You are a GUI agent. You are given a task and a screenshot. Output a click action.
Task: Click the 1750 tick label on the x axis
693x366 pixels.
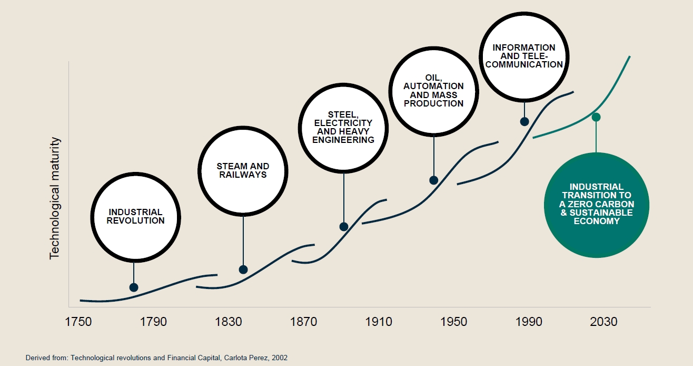coord(78,322)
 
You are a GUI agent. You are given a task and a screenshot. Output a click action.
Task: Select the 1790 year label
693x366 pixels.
coord(153,322)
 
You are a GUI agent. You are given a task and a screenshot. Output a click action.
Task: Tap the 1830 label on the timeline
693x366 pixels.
coord(228,322)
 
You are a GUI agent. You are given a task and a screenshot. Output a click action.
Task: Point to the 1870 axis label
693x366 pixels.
coord(303,322)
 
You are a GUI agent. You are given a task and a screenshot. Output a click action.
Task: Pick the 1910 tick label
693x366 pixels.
coord(379,322)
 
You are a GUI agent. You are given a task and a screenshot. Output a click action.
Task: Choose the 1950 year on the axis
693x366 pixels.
coord(453,322)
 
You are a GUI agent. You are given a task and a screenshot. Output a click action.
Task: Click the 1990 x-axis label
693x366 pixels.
coord(529,322)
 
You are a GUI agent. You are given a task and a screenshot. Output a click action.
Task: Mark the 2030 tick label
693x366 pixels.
coord(603,322)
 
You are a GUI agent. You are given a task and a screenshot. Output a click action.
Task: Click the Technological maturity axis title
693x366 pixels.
coord(55,198)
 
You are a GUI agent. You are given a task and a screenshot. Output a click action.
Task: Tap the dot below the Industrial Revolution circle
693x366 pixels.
coord(134,287)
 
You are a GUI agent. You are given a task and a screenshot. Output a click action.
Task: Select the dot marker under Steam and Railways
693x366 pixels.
coord(243,269)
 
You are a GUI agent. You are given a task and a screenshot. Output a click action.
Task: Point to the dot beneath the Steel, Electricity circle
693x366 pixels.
coord(344,227)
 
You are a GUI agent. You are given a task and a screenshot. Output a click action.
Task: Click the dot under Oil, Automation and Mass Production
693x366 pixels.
coord(434,180)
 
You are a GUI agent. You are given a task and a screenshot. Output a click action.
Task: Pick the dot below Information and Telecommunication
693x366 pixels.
coord(524,121)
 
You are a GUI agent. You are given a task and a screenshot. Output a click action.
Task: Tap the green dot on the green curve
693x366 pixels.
coord(596,117)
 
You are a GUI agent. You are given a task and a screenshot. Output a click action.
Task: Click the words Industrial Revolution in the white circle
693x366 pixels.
coord(135,216)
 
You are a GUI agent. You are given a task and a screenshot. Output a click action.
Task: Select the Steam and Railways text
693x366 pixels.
coord(243,170)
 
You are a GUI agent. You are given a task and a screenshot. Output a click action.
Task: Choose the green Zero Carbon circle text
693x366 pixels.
coord(596,204)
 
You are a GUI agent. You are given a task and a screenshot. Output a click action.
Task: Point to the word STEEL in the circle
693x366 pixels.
coord(343,114)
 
